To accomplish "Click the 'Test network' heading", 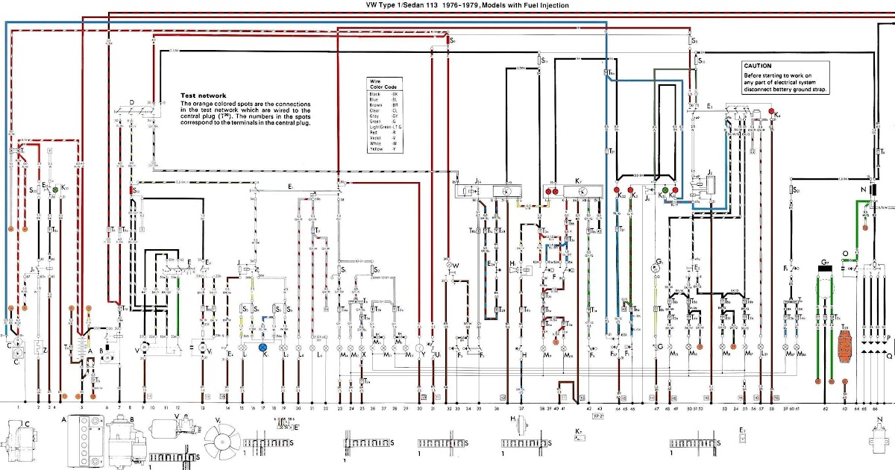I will [204, 95].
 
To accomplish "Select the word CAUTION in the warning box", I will [758, 66].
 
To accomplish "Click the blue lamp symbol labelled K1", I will [263, 348].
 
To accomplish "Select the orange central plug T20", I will [845, 347].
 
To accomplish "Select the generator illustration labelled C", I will [15, 440].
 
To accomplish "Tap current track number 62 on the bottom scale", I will [826, 409].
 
